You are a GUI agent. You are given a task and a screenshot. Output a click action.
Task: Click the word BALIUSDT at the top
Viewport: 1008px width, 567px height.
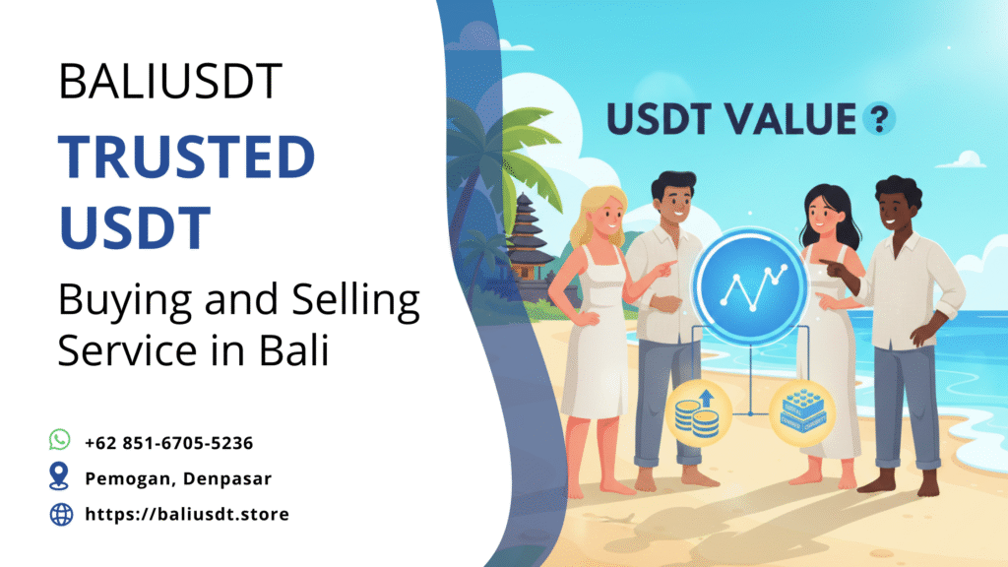pos(170,82)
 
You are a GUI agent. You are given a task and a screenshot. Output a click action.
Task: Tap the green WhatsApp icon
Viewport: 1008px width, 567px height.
pos(60,440)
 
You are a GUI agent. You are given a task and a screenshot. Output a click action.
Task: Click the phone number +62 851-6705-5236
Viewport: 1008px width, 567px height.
pos(168,443)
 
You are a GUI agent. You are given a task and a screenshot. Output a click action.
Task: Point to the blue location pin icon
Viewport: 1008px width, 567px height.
pos(60,477)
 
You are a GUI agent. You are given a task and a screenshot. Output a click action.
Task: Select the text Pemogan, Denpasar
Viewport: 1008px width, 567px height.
pos(178,478)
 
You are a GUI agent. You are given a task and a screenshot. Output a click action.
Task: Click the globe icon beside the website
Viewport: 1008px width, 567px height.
pos(61,513)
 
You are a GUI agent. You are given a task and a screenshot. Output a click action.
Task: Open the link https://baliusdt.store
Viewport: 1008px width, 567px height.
pos(187,514)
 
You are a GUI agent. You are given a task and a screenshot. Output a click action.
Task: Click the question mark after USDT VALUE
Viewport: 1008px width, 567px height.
pos(878,120)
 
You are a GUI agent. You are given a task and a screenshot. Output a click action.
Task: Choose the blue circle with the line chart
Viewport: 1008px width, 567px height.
pos(749,283)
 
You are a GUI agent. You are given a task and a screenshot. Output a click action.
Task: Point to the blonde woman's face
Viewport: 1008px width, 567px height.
pos(603,213)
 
